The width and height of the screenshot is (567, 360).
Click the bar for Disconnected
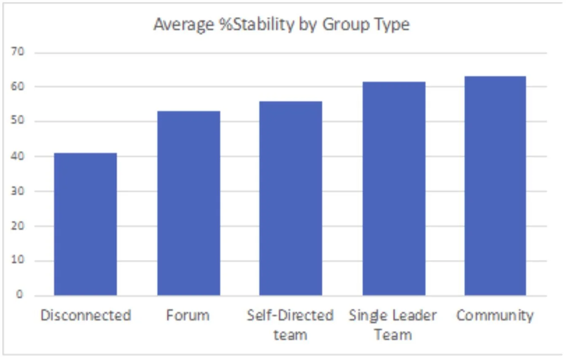click(86, 224)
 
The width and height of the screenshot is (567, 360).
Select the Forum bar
click(189, 203)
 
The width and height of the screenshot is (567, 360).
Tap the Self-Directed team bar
click(291, 199)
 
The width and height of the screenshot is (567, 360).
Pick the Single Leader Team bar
click(394, 188)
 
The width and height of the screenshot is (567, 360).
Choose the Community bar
click(495, 186)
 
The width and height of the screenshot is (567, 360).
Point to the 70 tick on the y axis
click(17, 51)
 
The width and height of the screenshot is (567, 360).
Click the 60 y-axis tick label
click(17, 86)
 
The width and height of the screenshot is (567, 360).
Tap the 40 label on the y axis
click(17, 156)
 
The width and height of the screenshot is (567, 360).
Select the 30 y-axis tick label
click(17, 191)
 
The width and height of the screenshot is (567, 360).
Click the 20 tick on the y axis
click(17, 226)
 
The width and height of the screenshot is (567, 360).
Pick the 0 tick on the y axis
click(19, 294)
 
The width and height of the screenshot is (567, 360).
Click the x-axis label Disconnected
click(86, 315)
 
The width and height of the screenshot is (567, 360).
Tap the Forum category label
click(188, 315)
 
